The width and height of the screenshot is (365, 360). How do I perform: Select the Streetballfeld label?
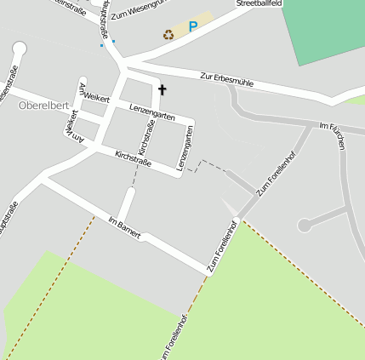click(x=258, y=4)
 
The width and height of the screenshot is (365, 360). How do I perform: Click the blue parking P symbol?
click(x=193, y=27)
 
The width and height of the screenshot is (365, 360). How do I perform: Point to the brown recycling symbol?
click(x=168, y=34)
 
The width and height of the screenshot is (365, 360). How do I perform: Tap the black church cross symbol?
click(x=162, y=88)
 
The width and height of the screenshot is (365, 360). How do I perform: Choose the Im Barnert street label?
click(x=124, y=227)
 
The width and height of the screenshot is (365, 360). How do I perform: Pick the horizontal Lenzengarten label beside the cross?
click(x=154, y=111)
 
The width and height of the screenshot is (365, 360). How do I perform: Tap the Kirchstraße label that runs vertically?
click(x=145, y=138)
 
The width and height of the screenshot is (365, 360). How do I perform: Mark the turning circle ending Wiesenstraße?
click(x=20, y=49)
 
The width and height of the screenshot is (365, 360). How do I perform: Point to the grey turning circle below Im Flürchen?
click(x=304, y=226)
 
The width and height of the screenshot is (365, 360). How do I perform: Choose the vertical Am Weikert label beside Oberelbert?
click(x=71, y=125)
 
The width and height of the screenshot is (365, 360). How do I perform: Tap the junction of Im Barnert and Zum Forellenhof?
click(x=208, y=271)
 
